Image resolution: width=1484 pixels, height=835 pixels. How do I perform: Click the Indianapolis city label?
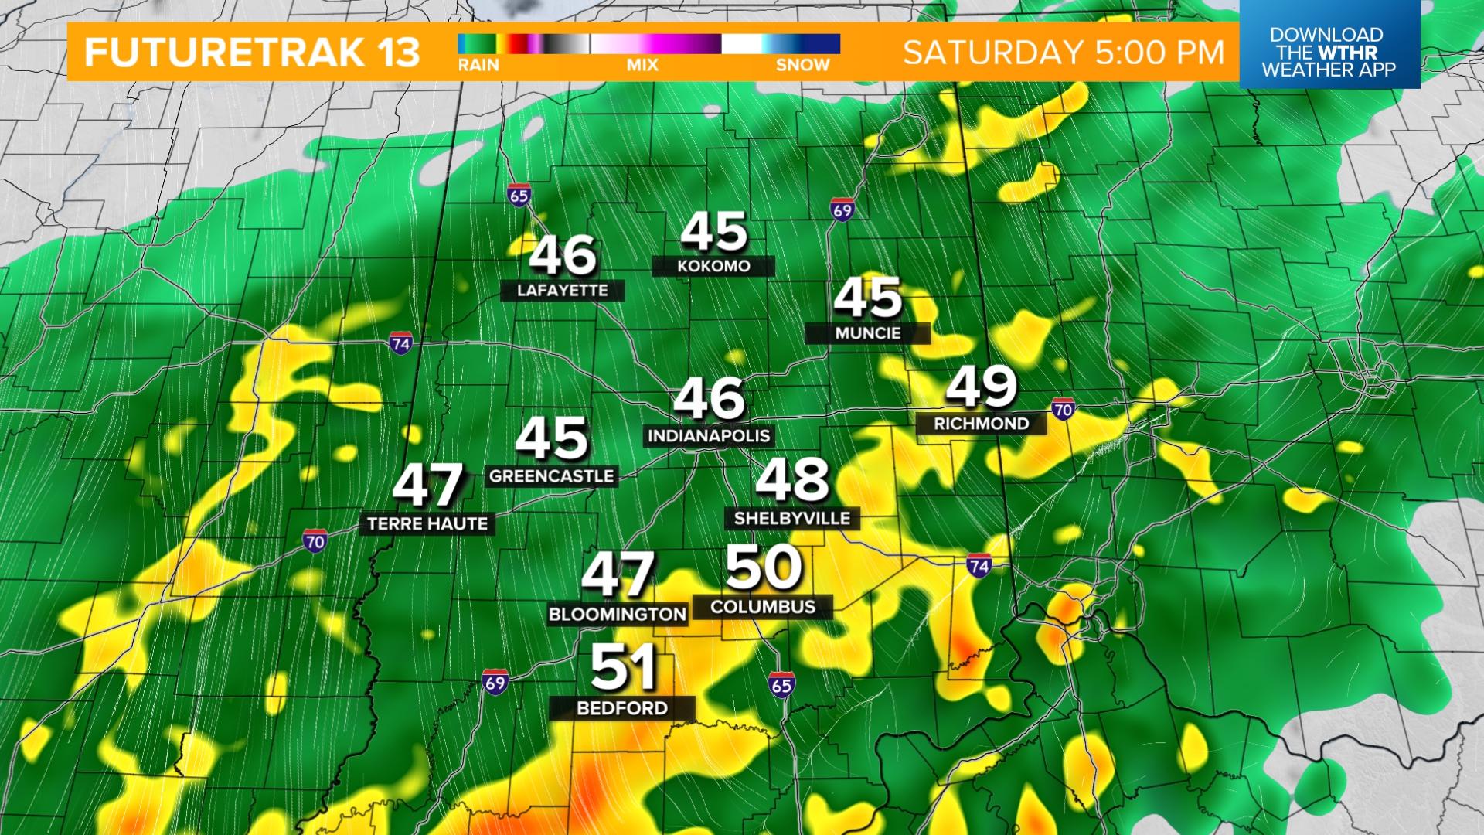pos(709,435)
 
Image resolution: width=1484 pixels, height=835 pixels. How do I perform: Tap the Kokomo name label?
pos(713,266)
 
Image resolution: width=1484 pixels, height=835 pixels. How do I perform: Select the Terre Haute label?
pos(427,523)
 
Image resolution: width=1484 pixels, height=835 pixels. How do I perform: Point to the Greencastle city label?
pos(551,475)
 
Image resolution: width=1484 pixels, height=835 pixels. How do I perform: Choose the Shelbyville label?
pos(791,518)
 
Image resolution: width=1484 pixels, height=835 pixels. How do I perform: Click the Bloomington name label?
pos(618,615)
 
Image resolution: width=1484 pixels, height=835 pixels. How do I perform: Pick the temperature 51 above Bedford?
pos(624,668)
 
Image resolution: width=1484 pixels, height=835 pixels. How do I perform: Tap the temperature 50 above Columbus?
pos(763,568)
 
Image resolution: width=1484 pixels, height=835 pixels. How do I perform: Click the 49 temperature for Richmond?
pos(981,386)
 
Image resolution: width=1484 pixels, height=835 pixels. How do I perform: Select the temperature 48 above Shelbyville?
pos(792,480)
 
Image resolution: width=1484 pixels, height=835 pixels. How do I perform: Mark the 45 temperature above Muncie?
pos(868,298)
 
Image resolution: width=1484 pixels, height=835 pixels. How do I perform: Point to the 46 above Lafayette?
pos(563,255)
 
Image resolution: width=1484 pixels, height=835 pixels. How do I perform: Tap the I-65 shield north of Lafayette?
pos(519,196)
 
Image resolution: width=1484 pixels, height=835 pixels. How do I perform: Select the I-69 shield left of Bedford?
pos(495,681)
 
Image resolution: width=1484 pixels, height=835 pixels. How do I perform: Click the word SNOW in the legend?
pos(802,66)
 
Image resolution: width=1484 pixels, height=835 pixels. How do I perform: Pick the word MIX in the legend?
pos(642,66)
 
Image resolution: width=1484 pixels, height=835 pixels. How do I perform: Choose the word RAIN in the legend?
pos(478,66)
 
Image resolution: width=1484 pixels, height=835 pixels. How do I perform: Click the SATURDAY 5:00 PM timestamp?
pos(1064,53)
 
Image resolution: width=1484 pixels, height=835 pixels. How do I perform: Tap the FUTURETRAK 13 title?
pos(252,53)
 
